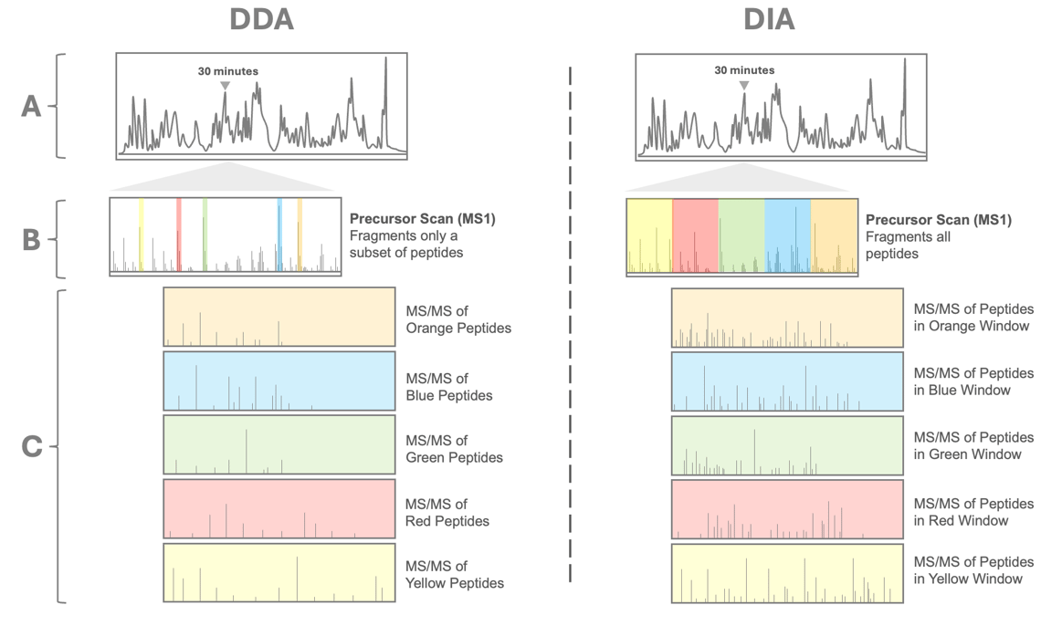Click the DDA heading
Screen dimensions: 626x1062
coord(262,20)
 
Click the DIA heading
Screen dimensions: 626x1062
coord(769,20)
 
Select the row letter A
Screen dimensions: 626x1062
coord(32,107)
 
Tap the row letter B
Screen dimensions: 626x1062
coord(32,239)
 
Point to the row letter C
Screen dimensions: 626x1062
coord(32,446)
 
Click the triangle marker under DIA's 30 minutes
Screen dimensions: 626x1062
coord(744,86)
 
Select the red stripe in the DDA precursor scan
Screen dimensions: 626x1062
coord(179,235)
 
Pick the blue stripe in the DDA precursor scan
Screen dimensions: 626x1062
coord(279,235)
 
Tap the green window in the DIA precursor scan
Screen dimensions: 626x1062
coord(741,235)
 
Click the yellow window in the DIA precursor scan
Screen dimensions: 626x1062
coord(649,235)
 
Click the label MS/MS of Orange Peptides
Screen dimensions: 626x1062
coord(457,319)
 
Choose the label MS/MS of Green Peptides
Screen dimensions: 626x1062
coord(454,449)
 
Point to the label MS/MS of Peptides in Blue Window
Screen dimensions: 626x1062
coord(973,381)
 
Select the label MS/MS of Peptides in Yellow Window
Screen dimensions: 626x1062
coord(973,570)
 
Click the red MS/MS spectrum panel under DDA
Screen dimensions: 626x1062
coord(279,508)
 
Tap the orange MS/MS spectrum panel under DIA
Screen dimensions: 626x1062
coord(787,318)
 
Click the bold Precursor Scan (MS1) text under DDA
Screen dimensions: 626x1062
coord(422,219)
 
